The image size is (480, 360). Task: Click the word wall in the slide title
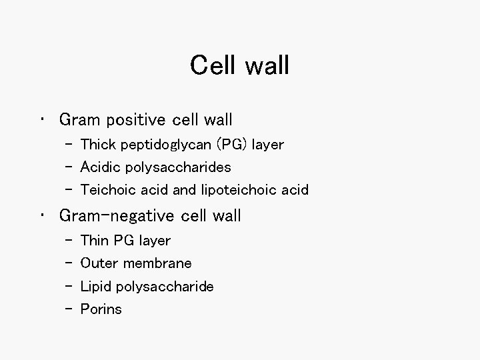click(x=267, y=65)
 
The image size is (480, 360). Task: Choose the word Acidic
click(x=100, y=167)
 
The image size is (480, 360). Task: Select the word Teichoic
click(x=107, y=190)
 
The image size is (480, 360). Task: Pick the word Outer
click(x=97, y=263)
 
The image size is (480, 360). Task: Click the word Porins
click(x=101, y=309)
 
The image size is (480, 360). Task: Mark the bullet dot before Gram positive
click(x=43, y=121)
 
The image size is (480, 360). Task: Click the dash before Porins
click(x=69, y=309)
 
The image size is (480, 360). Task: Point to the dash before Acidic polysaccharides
click(x=69, y=167)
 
